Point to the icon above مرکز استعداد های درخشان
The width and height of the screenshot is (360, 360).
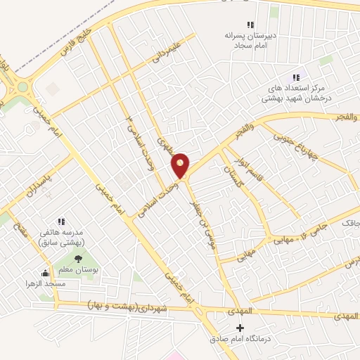point(295,77)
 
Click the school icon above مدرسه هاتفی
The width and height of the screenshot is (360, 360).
point(60,221)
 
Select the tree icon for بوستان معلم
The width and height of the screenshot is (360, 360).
point(77,259)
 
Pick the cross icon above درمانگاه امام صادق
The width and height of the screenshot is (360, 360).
point(241,328)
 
